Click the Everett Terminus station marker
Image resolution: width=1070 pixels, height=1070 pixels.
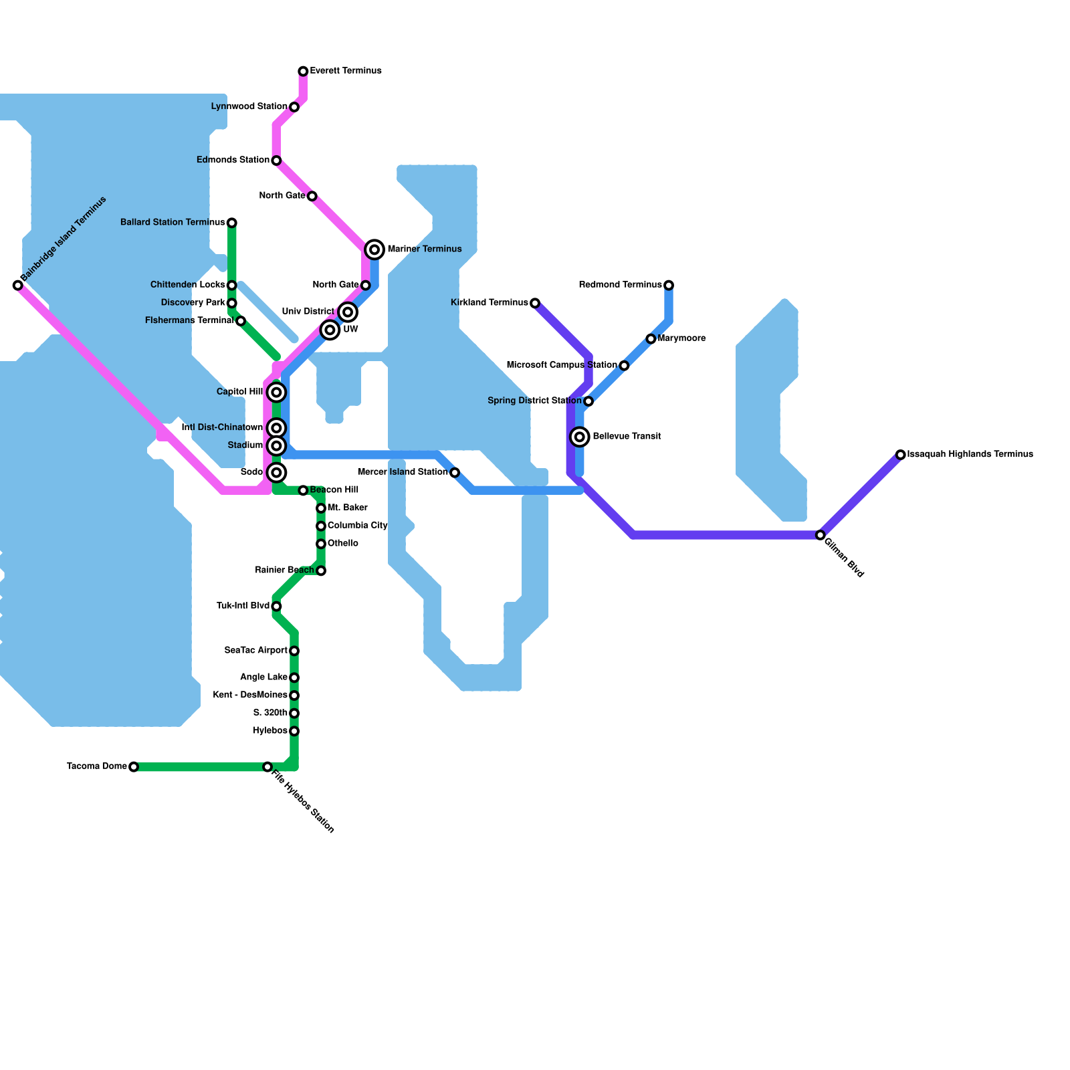coord(303,71)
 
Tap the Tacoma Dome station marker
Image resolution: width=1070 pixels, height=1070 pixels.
coord(134,766)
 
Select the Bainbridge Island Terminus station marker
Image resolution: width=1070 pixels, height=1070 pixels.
coord(18,286)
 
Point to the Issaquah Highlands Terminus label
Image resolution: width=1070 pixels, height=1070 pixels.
coord(970,455)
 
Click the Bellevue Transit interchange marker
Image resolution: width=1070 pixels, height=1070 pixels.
coord(580,437)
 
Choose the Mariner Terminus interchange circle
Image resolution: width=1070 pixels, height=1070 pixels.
coord(375,249)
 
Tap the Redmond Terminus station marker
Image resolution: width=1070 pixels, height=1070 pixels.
coord(669,286)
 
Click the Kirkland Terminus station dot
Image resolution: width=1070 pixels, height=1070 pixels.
coord(535,304)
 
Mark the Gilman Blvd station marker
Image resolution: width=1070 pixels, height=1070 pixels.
coord(821,535)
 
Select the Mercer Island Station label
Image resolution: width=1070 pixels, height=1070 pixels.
coord(403,472)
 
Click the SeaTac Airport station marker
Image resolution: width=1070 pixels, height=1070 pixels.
coord(294,651)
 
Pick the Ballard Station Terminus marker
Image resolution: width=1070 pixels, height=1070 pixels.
coord(232,223)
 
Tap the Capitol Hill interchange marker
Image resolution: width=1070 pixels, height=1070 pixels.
coord(276,392)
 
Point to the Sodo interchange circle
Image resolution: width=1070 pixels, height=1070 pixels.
coord(276,473)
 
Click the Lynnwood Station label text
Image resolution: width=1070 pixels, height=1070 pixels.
coord(249,106)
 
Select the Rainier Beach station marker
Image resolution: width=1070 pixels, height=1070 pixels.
coord(321,570)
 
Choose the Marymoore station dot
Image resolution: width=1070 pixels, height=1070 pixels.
coord(651,339)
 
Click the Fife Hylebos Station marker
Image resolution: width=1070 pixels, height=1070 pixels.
coord(267,766)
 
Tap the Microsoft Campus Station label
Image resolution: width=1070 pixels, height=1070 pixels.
coord(562,365)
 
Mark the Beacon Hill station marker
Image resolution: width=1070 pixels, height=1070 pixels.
coord(303,491)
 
